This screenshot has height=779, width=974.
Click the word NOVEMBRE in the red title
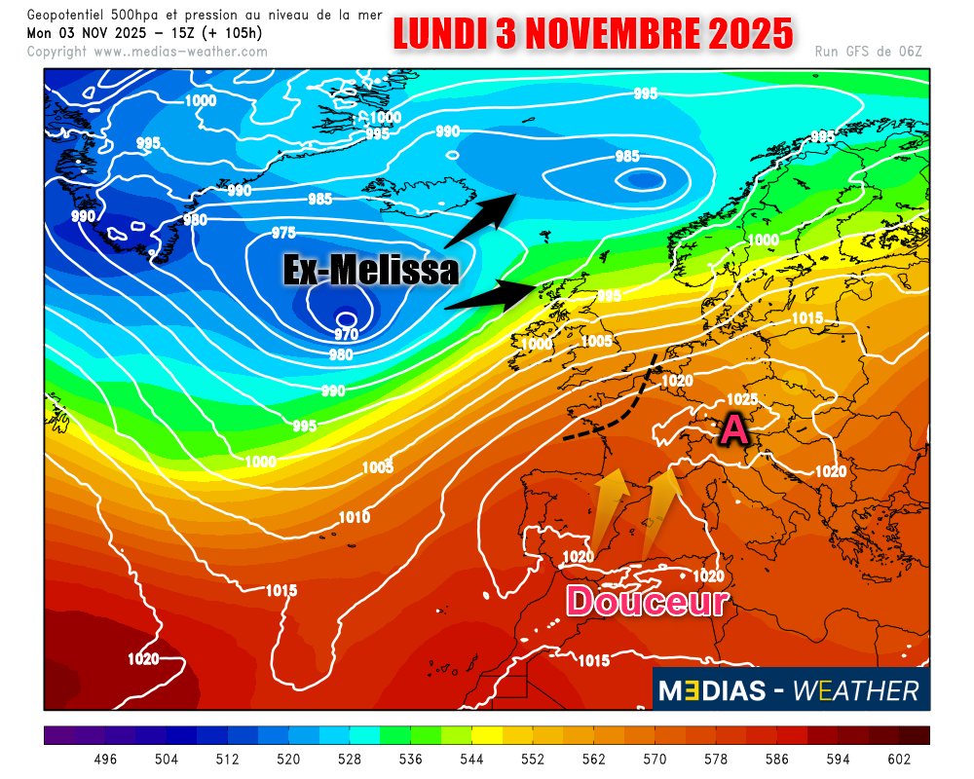tap(613, 34)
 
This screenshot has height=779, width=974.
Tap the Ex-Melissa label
tap(371, 270)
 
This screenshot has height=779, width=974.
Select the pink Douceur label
tap(648, 602)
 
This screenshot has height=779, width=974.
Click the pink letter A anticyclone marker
tap(733, 427)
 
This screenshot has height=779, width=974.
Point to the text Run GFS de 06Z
tap(868, 51)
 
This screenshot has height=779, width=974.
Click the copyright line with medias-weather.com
tap(147, 51)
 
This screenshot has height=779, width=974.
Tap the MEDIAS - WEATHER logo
tap(790, 690)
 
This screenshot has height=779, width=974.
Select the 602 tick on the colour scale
tap(899, 759)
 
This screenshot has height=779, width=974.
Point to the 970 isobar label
tap(347, 334)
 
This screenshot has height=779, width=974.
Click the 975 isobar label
tap(284, 232)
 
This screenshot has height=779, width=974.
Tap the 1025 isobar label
tap(742, 399)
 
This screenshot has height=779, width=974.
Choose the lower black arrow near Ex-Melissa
tap(492, 295)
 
